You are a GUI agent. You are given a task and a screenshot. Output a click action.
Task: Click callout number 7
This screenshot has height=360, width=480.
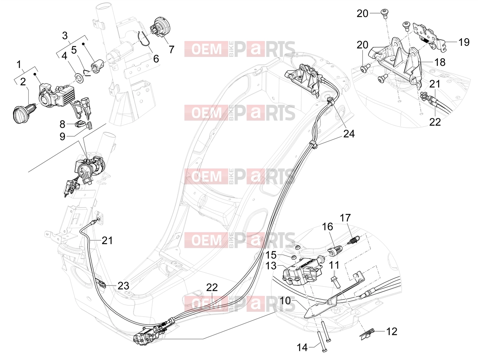pyautogui.click(x=172, y=49)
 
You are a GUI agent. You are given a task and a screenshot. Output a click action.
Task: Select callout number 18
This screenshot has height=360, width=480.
pyautogui.click(x=440, y=62)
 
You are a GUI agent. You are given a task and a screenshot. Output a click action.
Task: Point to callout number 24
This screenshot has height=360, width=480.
pyautogui.click(x=349, y=133)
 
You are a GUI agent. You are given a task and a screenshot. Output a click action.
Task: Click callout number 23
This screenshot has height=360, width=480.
pyautogui.click(x=123, y=286)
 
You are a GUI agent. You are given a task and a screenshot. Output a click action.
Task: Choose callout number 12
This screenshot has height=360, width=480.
pyautogui.click(x=392, y=332)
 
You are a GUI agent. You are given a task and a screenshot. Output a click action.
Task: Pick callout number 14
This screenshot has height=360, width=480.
pyautogui.click(x=302, y=347)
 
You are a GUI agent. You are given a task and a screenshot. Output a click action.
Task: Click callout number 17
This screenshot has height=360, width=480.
pyautogui.click(x=345, y=218)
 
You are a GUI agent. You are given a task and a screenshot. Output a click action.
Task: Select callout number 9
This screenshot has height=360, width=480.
pyautogui.click(x=62, y=137)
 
